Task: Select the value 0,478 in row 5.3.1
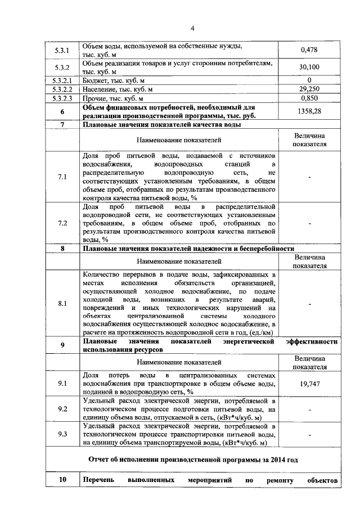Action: point(309,49)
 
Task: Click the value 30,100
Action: point(309,67)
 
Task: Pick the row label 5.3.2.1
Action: point(62,79)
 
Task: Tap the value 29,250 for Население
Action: point(309,89)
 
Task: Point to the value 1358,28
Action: point(309,111)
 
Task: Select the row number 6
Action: point(62,111)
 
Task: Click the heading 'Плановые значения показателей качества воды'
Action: point(162,125)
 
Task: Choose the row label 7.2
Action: point(62,223)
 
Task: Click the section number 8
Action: point(62,248)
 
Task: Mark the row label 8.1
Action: point(62,304)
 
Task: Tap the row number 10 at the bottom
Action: point(62,481)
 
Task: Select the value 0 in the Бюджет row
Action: point(309,79)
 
